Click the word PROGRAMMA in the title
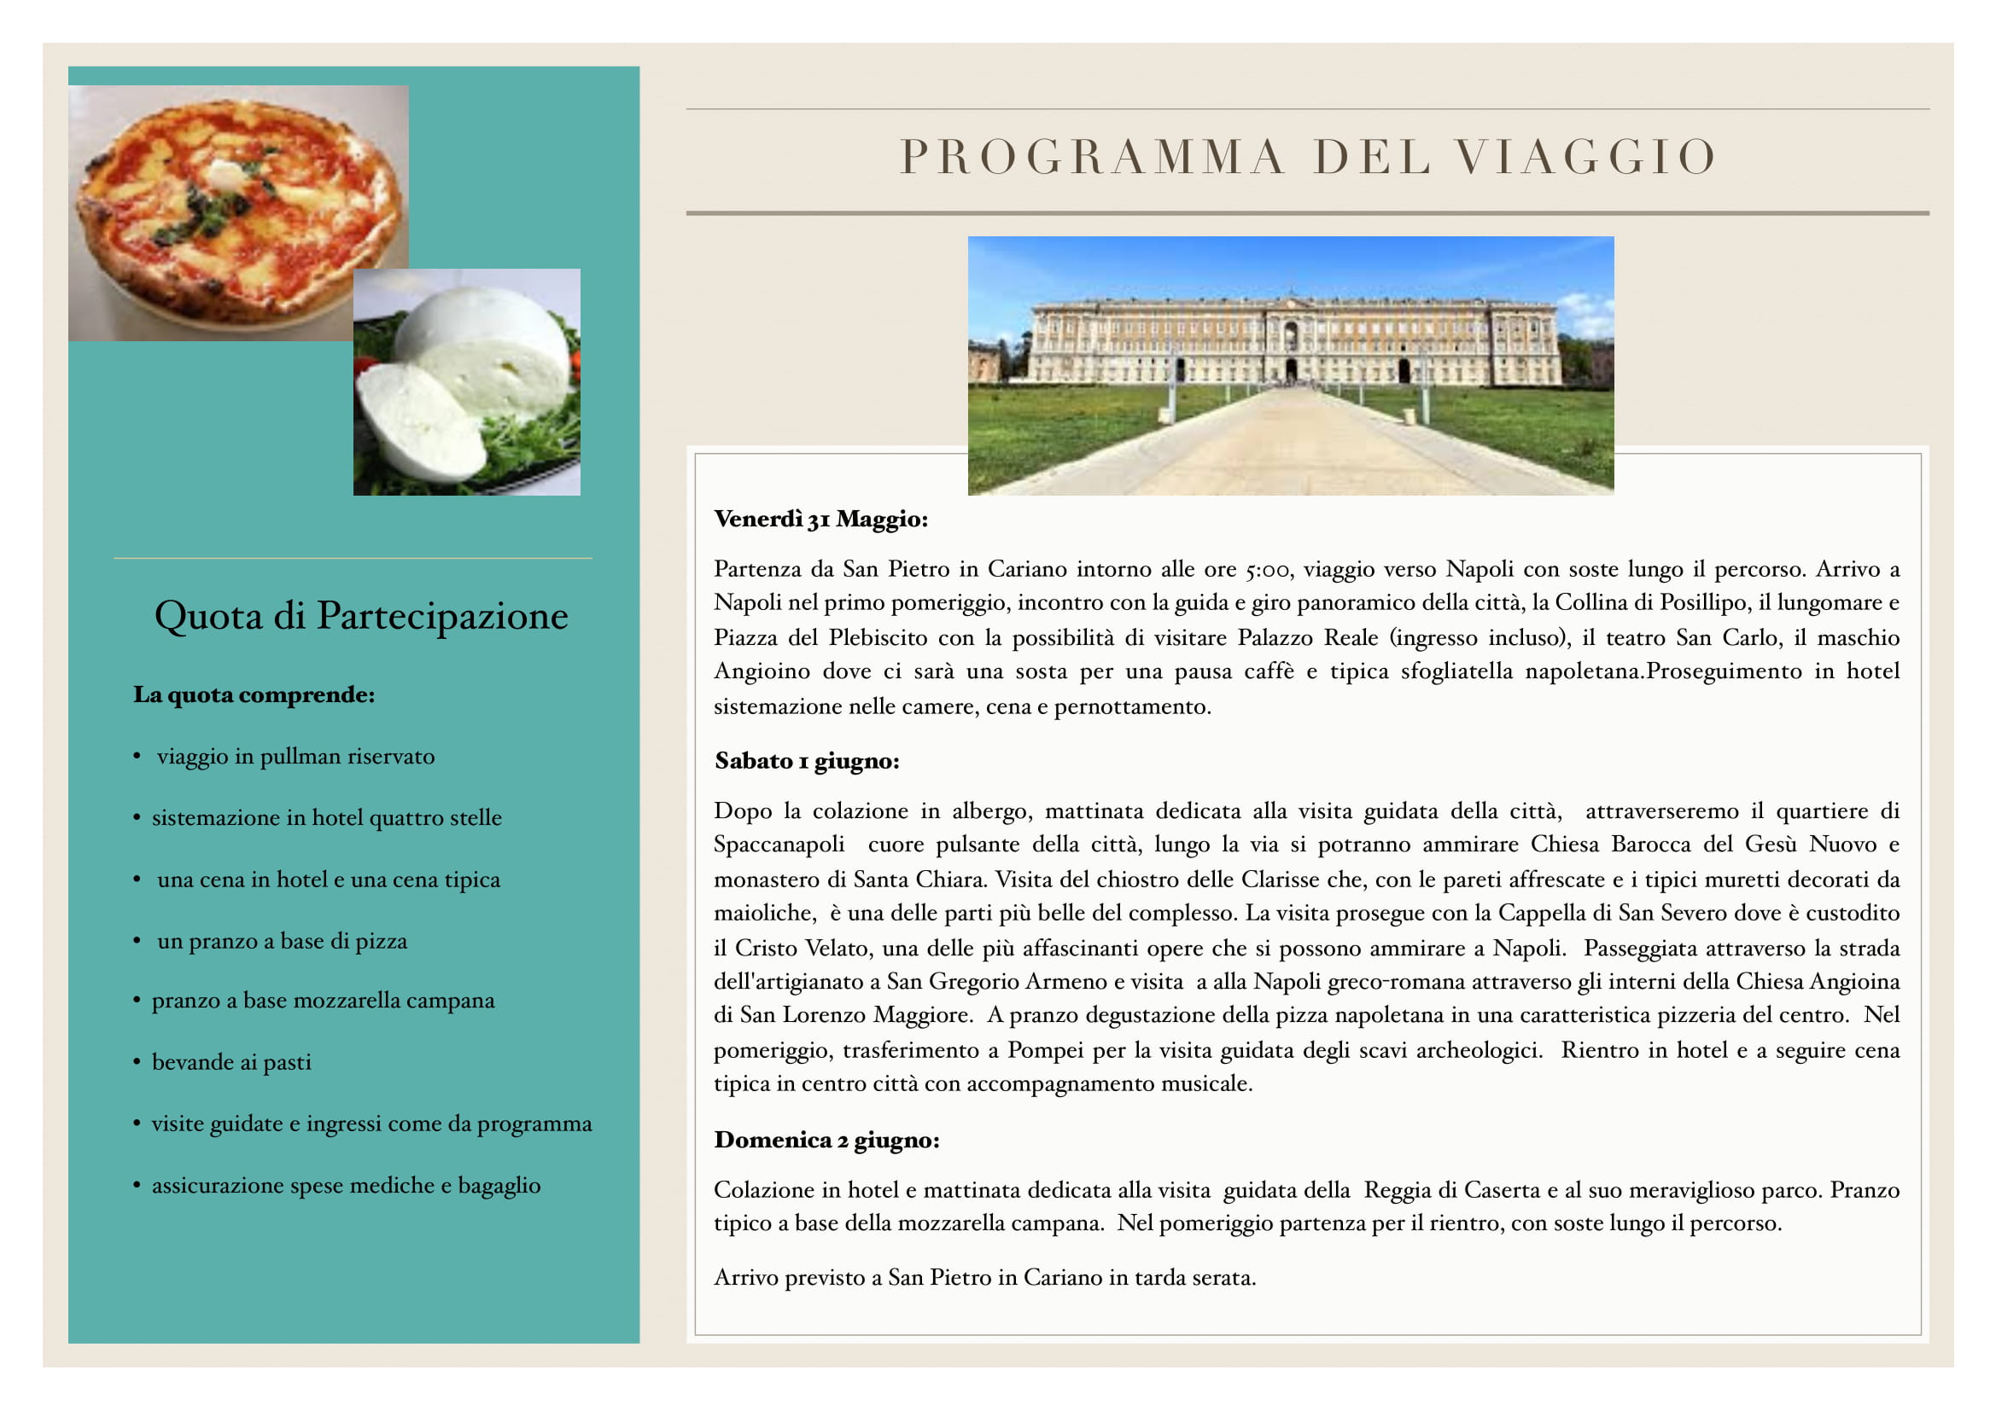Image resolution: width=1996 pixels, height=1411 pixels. click(1091, 157)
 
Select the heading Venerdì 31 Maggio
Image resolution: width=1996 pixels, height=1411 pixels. click(820, 520)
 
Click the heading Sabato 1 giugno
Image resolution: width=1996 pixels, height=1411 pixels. click(807, 761)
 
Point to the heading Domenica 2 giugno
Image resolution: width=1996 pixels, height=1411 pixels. click(826, 1140)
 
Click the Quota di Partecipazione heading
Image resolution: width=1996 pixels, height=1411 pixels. click(361, 615)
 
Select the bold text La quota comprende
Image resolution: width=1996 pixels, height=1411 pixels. click(254, 695)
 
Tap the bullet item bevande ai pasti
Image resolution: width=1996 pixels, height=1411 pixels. click(231, 1062)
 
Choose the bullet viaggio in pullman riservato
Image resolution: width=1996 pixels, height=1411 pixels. click(295, 756)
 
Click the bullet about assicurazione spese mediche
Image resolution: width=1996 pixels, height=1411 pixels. click(346, 1185)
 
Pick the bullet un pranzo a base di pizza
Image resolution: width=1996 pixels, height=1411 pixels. click(282, 941)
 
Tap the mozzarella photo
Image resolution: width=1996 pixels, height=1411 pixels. click(467, 382)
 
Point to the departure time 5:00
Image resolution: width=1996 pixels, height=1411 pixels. click(1267, 570)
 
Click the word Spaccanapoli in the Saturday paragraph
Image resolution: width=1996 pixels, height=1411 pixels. click(779, 845)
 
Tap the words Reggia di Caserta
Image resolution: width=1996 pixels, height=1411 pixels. click(1451, 1189)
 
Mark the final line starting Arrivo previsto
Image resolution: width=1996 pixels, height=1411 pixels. click(985, 1277)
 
